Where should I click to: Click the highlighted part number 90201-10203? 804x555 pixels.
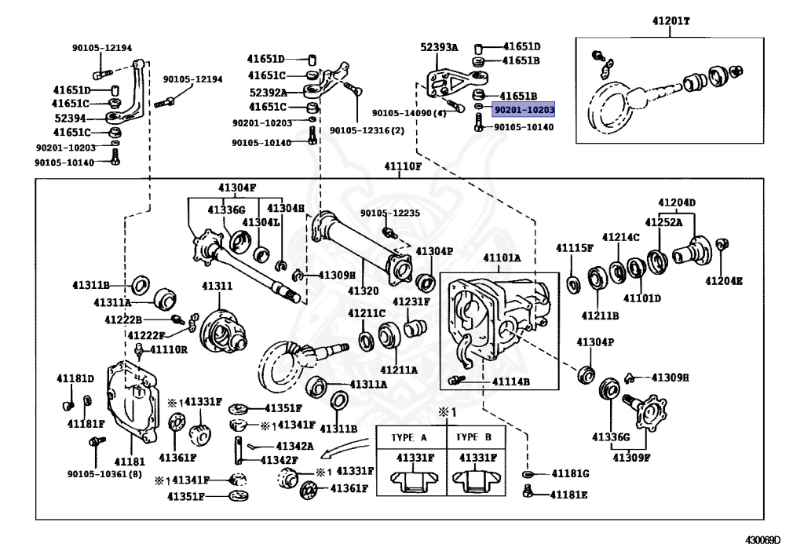tap(523, 111)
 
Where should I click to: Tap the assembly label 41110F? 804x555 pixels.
tap(402, 166)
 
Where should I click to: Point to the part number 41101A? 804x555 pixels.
tap(501, 257)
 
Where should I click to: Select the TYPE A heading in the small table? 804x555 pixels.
tap(411, 437)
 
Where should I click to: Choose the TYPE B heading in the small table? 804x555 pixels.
tap(474, 437)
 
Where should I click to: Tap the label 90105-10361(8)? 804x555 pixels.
tap(104, 473)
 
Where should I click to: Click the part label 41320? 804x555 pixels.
tap(364, 290)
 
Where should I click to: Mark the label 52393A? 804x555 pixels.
tap(439, 47)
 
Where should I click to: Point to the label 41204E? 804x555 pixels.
tap(723, 279)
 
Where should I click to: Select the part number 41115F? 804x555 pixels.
tap(575, 248)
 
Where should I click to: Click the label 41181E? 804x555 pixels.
tap(568, 495)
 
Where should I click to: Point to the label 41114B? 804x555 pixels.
tap(511, 382)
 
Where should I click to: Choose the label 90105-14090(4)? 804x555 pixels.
tap(409, 113)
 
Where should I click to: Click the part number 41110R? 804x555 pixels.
tap(169, 349)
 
